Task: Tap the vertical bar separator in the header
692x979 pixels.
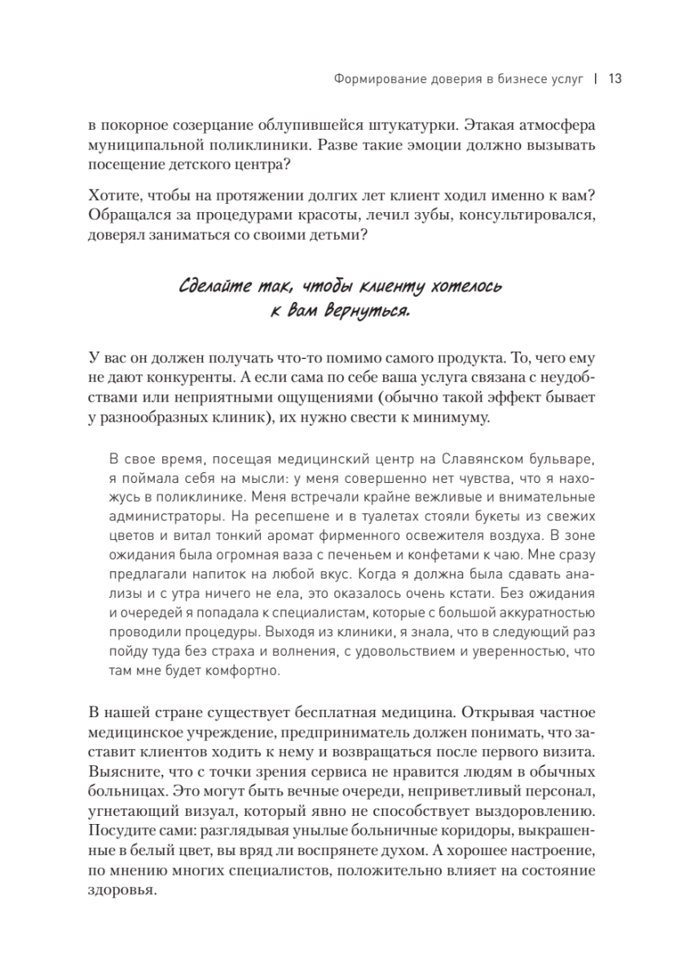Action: (x=596, y=79)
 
